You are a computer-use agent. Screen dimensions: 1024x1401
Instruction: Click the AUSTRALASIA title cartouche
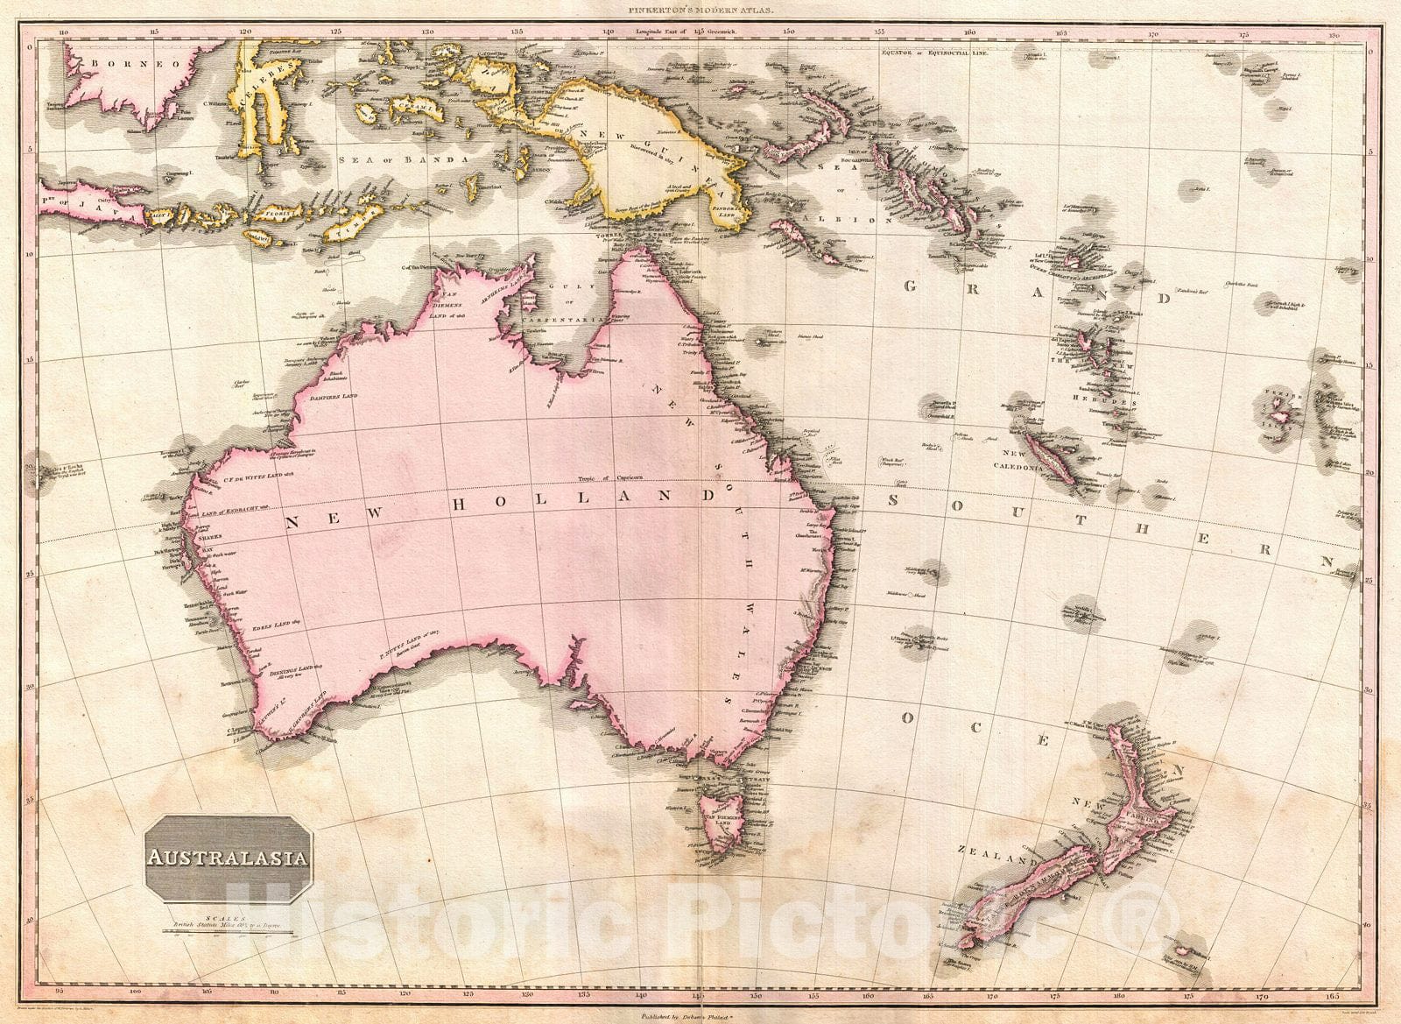(x=232, y=858)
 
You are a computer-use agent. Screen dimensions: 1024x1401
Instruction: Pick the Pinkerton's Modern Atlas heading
(x=700, y=10)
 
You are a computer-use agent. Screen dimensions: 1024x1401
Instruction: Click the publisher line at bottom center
(x=700, y=1014)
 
